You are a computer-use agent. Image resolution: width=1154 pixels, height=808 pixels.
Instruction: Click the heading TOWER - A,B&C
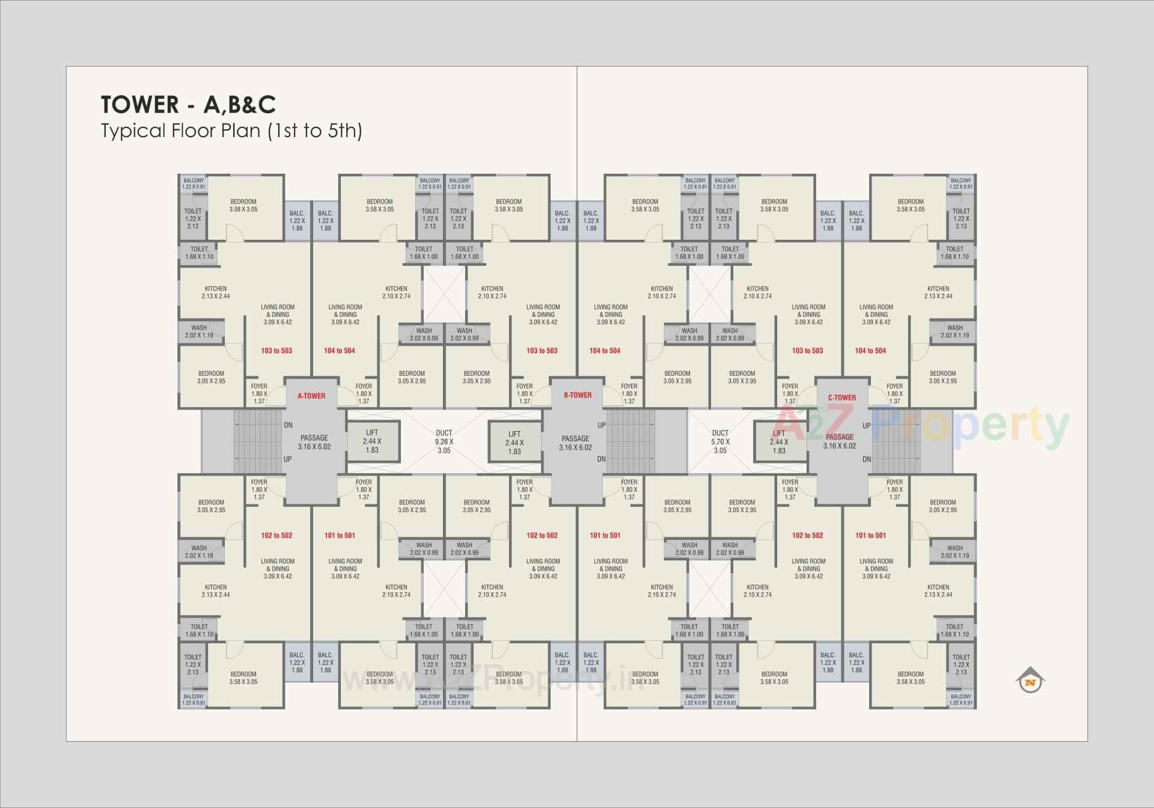(188, 105)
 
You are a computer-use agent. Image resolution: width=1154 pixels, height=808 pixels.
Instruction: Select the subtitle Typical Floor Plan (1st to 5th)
(231, 130)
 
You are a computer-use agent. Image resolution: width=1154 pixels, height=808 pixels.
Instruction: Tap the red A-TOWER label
(311, 396)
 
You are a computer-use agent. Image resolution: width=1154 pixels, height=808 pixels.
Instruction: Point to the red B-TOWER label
(577, 395)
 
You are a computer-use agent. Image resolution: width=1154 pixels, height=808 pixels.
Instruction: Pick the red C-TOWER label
(841, 397)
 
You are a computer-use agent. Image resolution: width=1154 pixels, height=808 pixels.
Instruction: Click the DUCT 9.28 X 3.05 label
(444, 441)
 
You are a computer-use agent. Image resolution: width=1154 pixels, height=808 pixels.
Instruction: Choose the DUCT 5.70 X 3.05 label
(719, 441)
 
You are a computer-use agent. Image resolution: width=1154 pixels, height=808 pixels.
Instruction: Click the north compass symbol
(1030, 681)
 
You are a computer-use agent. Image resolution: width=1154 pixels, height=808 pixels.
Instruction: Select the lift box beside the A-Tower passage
(372, 441)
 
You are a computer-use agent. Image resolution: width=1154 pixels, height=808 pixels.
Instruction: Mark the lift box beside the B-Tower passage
(514, 442)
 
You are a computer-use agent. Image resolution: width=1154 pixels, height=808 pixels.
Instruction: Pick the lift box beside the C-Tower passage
(779, 442)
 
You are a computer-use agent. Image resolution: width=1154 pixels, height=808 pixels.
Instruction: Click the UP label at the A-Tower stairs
(288, 459)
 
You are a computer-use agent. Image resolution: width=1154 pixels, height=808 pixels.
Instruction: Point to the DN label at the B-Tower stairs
(602, 459)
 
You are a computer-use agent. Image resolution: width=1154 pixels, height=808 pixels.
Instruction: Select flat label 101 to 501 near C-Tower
(870, 535)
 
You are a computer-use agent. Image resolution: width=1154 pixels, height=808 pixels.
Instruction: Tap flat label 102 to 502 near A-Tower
(276, 535)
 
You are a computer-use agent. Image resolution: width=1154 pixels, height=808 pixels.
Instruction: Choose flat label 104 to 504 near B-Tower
(605, 350)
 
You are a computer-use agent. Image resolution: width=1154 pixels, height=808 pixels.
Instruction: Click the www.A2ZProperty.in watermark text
(493, 680)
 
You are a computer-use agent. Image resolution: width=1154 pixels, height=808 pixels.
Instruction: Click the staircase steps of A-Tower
(257, 442)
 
